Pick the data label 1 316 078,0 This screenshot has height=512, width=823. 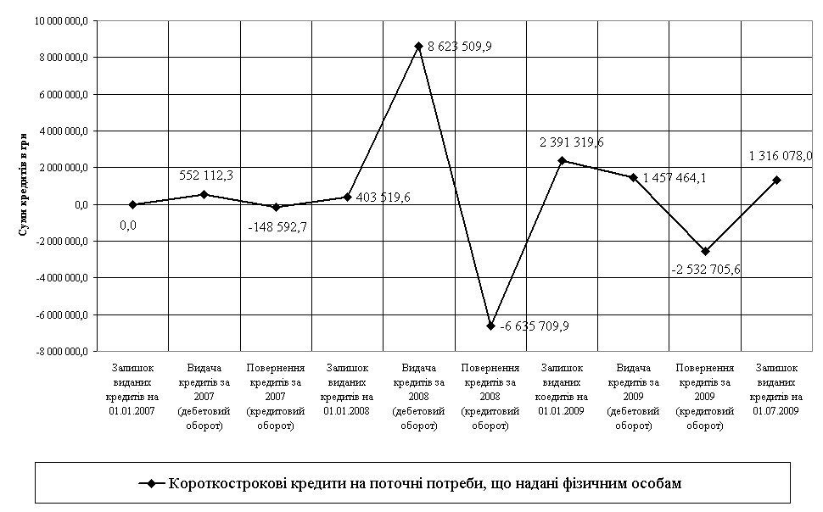781,156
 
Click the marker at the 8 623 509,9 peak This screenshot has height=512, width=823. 419,46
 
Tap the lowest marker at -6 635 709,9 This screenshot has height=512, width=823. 491,326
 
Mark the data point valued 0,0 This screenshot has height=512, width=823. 133,204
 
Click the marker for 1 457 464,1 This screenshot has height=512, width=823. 633,177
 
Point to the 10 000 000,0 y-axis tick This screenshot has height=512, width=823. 60,21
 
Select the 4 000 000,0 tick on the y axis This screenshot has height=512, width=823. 62,131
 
